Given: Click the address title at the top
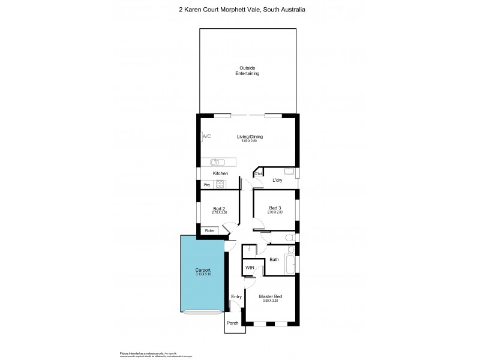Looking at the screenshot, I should pos(240,10).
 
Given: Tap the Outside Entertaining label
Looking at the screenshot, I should pos(248,70).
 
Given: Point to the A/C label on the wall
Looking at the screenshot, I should pos(207,137).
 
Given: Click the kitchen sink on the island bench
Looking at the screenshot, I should pos(218,161).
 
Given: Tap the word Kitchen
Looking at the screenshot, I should pos(220,173).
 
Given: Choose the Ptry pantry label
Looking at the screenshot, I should pos(206,185).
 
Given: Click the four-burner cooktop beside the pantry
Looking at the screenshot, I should pos(220,185).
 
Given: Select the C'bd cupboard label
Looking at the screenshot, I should pos(259,174).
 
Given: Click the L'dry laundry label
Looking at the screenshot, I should pos(277,180).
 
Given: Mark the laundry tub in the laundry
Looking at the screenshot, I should pos(288,173).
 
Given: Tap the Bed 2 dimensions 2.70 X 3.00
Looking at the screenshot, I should pos(220,212).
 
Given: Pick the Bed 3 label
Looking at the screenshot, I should pos(275,208).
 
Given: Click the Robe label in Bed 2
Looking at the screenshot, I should pos(209,230).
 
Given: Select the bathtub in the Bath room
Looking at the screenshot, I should pos(290,263).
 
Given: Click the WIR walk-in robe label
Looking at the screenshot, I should pos(249,268).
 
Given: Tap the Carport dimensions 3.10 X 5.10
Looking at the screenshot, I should pos(203,275).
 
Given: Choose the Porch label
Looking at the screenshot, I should pos(232,323).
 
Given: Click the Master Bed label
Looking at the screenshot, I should pos(270,296).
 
